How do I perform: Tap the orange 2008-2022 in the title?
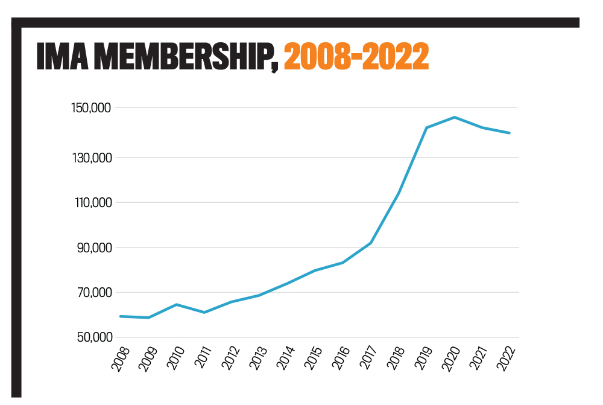point(356,57)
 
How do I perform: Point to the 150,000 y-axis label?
point(91,109)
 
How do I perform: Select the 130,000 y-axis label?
point(91,158)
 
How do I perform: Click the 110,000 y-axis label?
point(91,203)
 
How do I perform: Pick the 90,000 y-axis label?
point(93,248)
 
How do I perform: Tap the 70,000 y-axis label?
point(93,293)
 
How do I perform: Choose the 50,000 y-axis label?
point(93,337)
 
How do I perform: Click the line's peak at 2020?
point(455,117)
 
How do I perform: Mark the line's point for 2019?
point(427,127)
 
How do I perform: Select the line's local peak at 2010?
point(176,304)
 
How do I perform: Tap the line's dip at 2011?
point(204,312)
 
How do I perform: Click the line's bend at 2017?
point(371,243)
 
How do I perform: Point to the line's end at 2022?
point(510,133)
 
